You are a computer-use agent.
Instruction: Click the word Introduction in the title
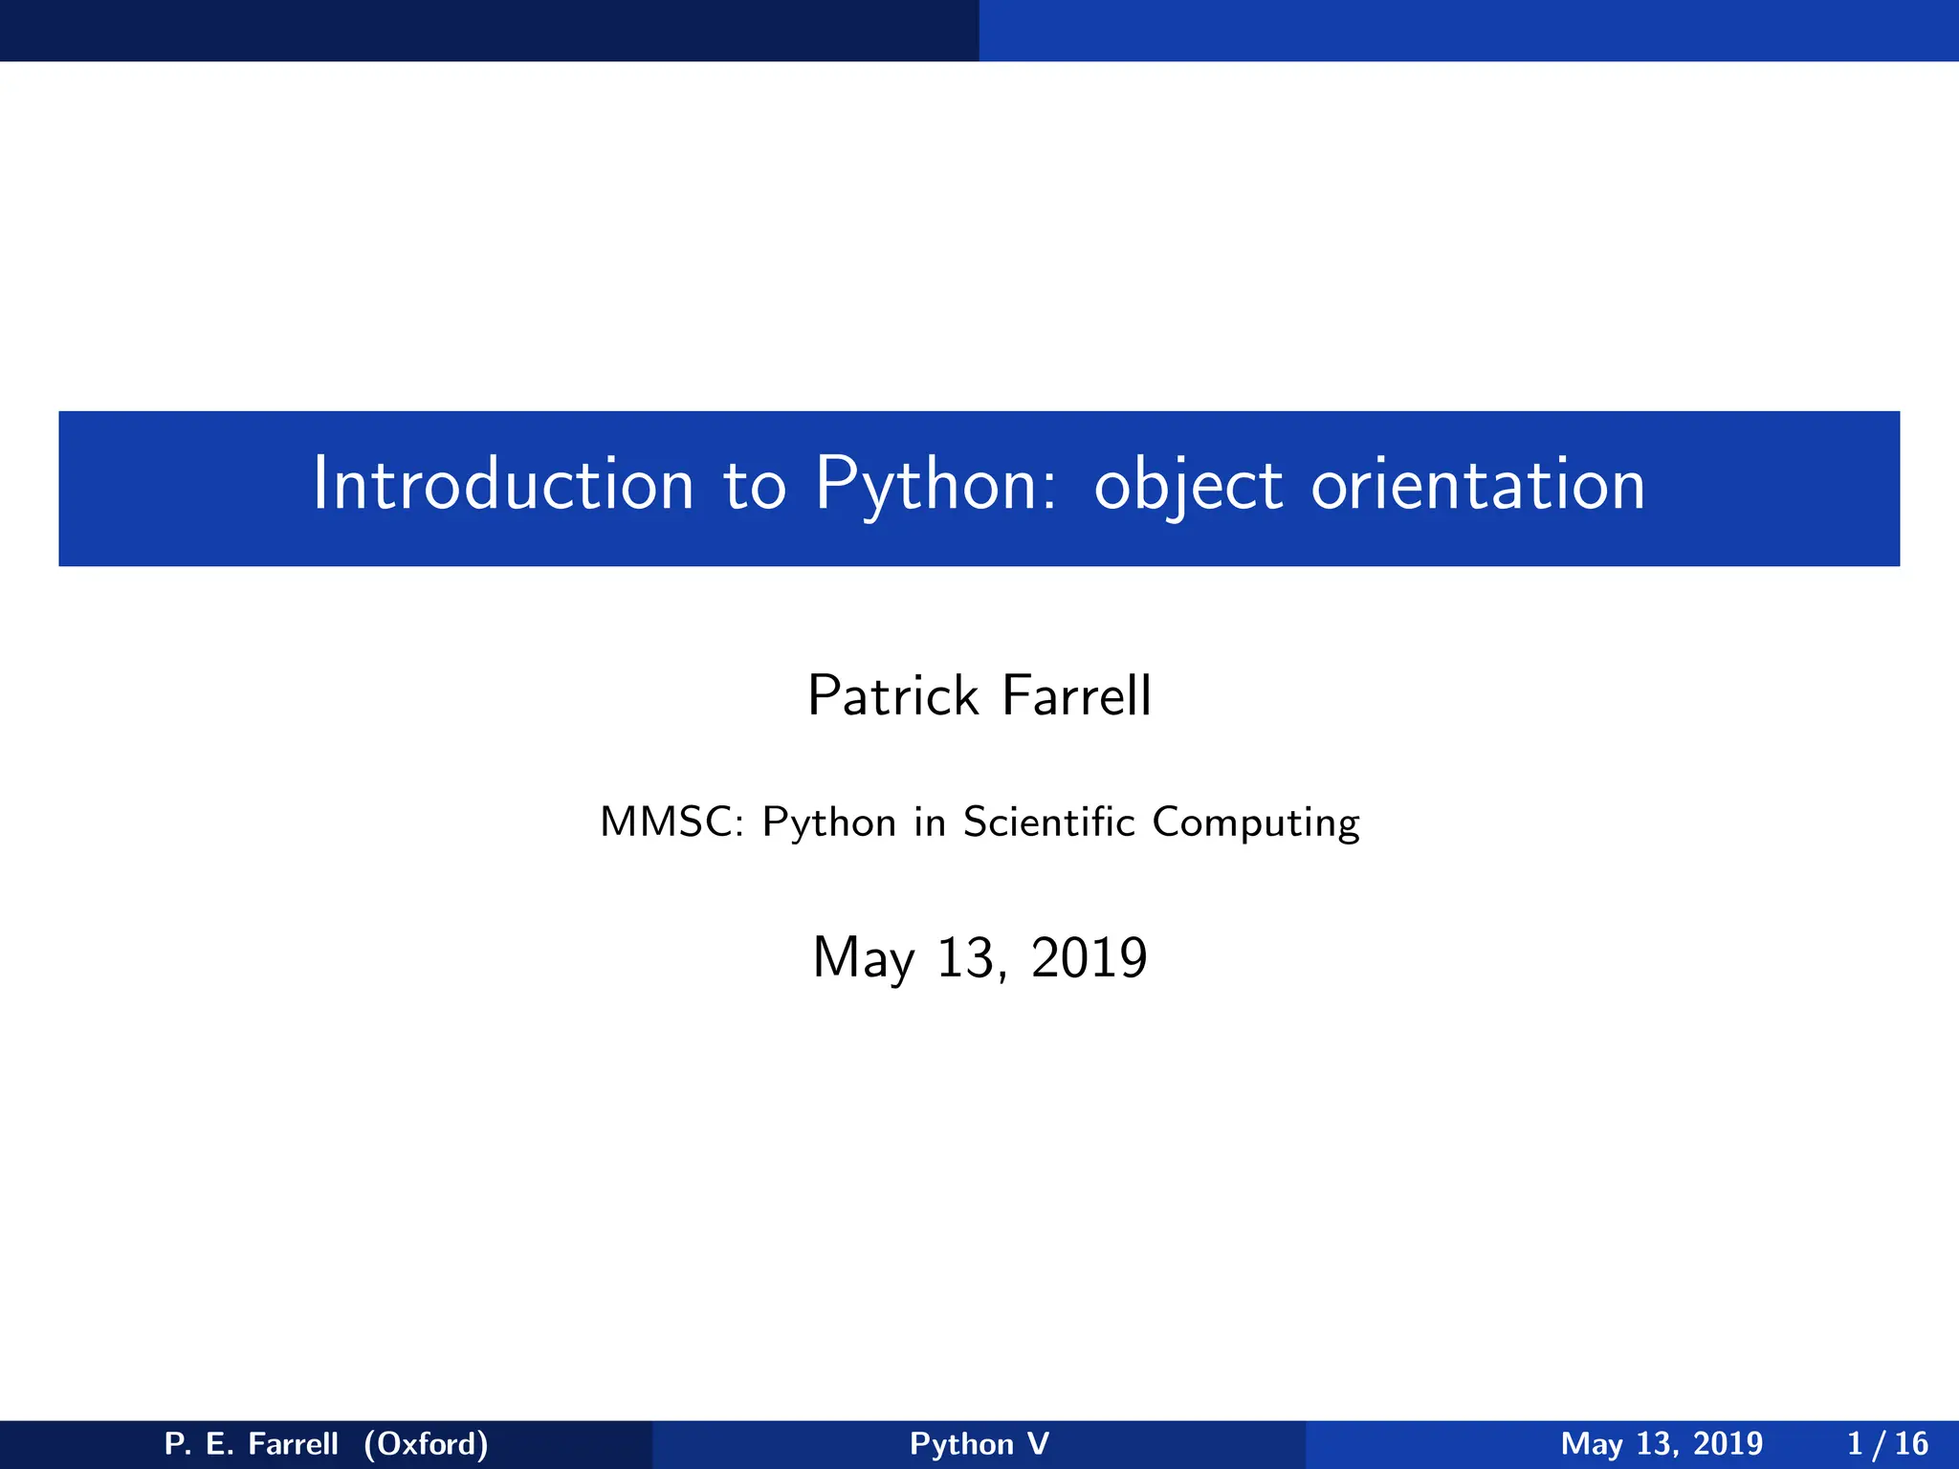point(502,484)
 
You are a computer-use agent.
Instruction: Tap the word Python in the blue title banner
point(935,486)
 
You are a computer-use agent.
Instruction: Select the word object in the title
point(1187,486)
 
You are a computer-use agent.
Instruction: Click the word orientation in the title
point(1478,484)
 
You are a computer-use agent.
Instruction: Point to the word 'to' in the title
point(754,486)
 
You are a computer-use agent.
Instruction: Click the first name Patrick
point(892,695)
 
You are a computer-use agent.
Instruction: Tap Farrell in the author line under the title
point(1076,695)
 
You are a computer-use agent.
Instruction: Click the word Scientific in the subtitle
point(1048,822)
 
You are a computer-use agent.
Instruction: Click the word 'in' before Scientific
point(929,822)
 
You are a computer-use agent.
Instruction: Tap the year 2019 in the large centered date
point(1089,957)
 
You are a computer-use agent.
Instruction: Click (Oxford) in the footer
point(426,1443)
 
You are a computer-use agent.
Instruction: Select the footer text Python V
point(979,1444)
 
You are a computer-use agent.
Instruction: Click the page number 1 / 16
point(1887,1443)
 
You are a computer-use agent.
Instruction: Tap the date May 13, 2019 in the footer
point(1662,1444)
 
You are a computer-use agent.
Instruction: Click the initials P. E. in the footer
point(199,1443)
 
